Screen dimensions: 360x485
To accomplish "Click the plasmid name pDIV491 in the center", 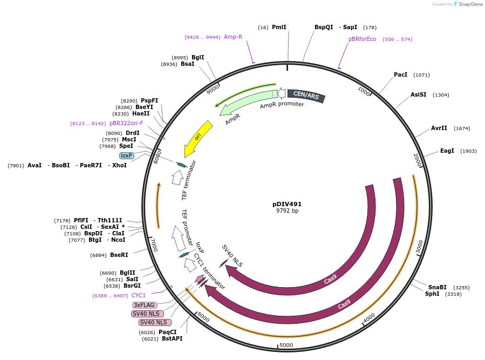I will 287,204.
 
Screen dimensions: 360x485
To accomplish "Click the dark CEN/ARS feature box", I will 306,96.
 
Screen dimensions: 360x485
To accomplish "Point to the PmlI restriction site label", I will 279,27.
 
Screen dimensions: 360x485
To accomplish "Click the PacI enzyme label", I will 400,74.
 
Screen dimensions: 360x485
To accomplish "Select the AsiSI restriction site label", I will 418,94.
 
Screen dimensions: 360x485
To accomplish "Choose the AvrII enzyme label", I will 439,128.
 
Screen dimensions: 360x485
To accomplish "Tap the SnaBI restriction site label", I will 438,287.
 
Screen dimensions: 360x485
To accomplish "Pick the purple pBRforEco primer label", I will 362,39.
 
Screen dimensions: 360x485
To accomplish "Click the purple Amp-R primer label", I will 233,37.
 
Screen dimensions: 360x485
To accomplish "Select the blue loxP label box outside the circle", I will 127,155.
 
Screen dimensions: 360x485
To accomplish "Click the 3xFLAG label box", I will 144,305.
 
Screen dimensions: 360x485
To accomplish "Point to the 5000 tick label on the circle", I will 286,345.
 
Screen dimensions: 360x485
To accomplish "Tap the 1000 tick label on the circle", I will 364,91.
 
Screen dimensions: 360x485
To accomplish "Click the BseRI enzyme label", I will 119,255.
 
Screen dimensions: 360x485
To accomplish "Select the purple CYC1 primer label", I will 139,295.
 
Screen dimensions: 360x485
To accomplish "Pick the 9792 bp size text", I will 287,211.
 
